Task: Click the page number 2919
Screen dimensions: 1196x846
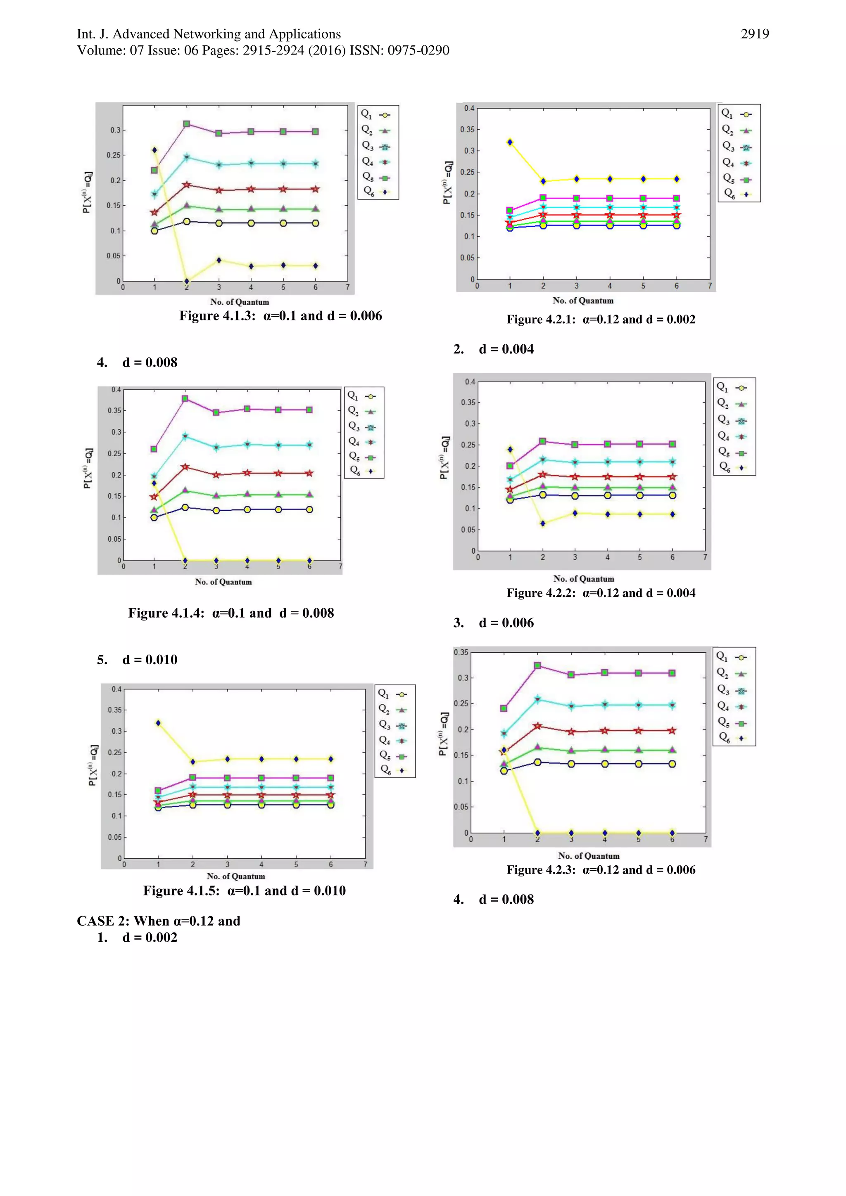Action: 754,34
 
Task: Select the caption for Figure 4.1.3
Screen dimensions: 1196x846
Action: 280,316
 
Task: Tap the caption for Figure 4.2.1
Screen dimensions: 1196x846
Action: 601,319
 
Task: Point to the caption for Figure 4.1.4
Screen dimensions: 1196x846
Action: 231,613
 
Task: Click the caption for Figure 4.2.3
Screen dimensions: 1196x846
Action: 601,870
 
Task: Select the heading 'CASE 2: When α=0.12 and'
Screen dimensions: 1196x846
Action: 159,921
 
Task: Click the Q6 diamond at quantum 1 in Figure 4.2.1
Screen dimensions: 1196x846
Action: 510,142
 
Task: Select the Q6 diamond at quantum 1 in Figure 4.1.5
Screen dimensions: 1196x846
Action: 158,723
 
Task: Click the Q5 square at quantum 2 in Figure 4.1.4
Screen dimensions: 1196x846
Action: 185,398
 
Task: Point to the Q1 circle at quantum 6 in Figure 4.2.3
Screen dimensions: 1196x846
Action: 672,764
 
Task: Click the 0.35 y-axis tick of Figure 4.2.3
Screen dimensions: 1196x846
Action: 461,653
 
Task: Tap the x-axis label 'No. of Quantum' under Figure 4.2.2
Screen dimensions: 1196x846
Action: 583,579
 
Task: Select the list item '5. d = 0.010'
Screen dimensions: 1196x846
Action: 137,660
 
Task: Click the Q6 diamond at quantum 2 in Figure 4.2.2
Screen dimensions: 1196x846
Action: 543,523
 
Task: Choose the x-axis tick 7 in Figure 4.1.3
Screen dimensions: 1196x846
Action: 348,287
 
